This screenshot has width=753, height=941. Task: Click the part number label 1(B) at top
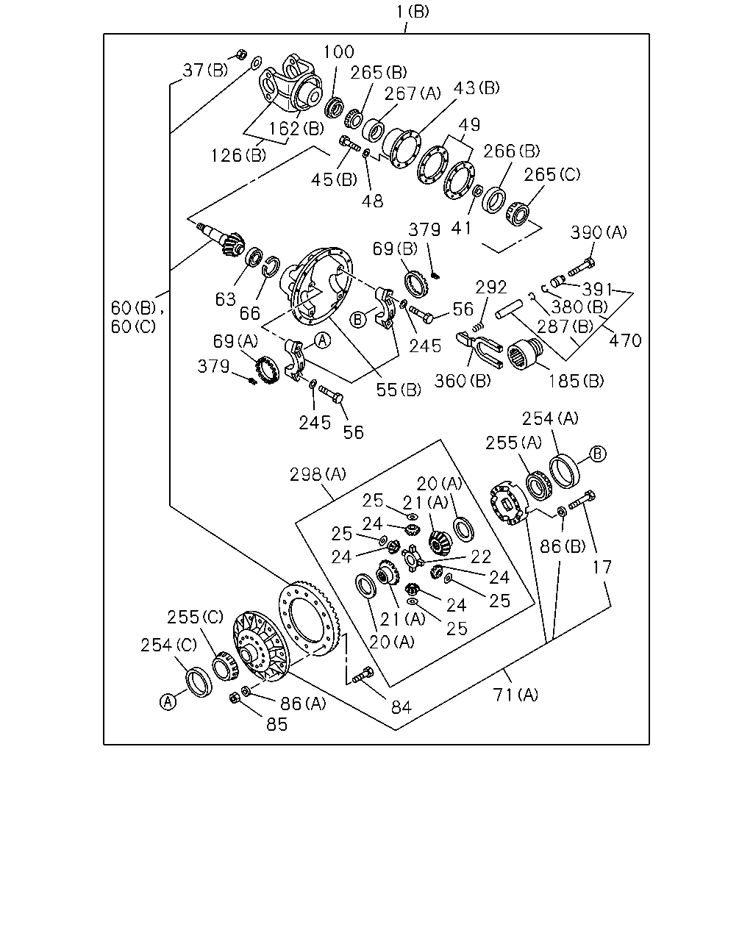click(x=413, y=11)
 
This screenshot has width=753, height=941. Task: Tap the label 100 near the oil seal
click(x=338, y=52)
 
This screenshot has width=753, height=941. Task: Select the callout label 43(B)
click(x=477, y=88)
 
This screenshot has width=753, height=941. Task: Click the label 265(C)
click(x=552, y=175)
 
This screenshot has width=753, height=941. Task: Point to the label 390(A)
click(x=598, y=232)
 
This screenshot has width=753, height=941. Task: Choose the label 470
click(x=625, y=340)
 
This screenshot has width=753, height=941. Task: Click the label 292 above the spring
click(x=491, y=287)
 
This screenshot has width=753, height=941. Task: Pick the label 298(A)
click(x=318, y=474)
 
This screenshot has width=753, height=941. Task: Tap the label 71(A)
click(x=515, y=695)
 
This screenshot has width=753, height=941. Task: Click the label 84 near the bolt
click(x=401, y=706)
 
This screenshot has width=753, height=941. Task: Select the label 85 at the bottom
click(x=276, y=725)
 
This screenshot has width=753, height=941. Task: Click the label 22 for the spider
click(x=481, y=557)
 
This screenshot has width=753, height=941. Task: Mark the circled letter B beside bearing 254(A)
click(x=598, y=454)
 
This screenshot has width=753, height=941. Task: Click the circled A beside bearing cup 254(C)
click(x=168, y=702)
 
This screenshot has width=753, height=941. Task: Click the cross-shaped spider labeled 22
click(x=411, y=558)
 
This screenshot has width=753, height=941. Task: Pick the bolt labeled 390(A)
click(x=582, y=267)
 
